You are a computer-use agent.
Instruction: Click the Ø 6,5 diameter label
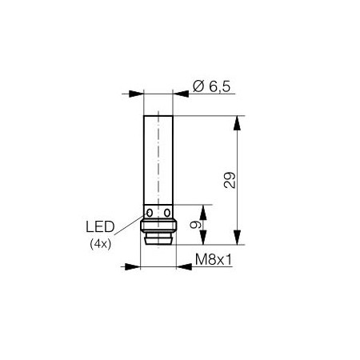click(211, 86)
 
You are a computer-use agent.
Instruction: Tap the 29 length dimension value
click(230, 181)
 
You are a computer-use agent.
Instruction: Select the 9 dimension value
click(195, 225)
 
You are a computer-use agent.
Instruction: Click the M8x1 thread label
click(214, 259)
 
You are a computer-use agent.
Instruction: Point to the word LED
click(100, 227)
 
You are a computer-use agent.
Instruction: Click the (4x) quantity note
click(100, 244)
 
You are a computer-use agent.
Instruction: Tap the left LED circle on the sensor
click(150, 213)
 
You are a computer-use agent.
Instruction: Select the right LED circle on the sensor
click(167, 213)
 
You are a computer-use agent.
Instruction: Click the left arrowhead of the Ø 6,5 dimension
click(136, 94)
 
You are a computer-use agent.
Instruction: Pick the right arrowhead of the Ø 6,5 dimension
click(181, 94)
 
